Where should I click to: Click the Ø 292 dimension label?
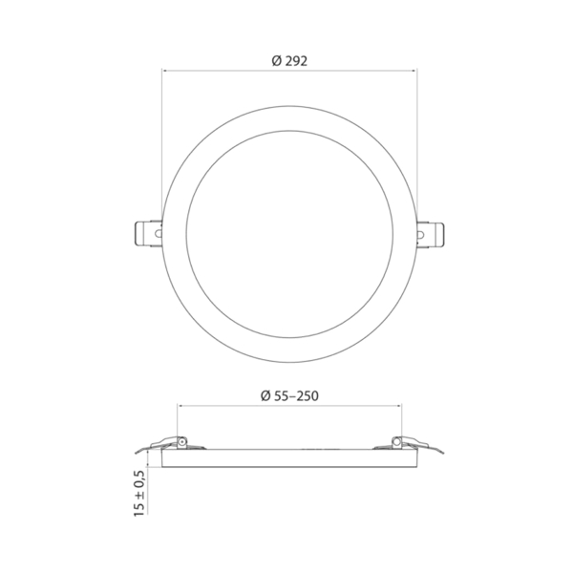click(x=289, y=61)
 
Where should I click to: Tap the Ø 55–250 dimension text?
click(x=289, y=395)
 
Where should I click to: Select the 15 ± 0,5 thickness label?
click(x=139, y=493)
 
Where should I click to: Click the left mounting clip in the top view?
click(x=149, y=233)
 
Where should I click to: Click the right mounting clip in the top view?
click(x=431, y=234)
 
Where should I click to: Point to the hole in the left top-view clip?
click(x=159, y=233)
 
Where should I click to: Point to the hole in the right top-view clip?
click(x=421, y=234)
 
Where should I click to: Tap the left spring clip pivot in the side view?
click(x=181, y=442)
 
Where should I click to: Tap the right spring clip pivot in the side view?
click(x=396, y=442)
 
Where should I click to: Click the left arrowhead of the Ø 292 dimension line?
click(x=164, y=70)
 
